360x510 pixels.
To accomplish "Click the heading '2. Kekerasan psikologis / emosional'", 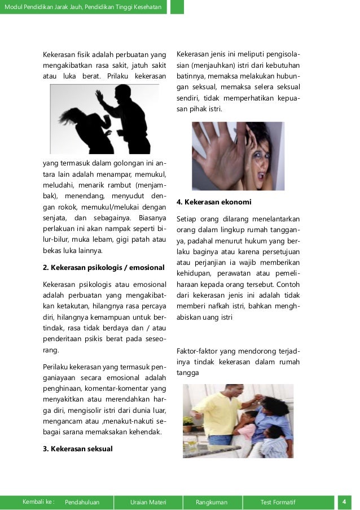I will click(x=103, y=267).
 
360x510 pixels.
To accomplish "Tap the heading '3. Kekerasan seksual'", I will click(x=78, y=449).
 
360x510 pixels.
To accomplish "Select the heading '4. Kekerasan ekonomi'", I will click(x=214, y=202).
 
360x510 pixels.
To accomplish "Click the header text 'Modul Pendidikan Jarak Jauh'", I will click(x=43, y=7).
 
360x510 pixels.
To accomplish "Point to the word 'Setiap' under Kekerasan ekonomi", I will click(x=187, y=219).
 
